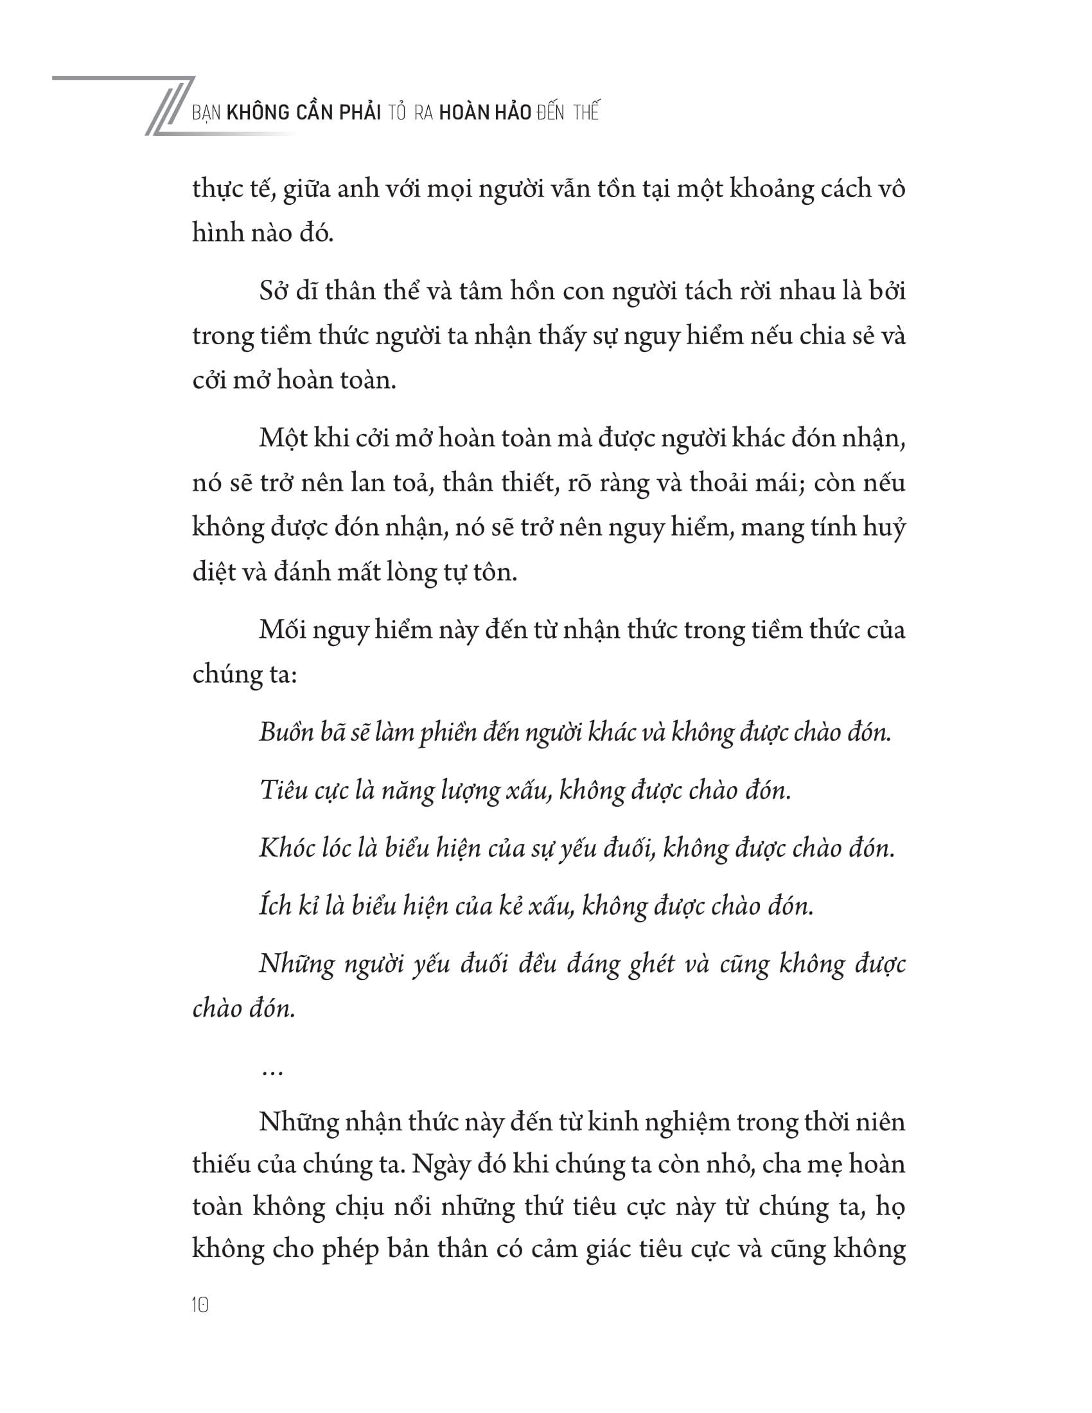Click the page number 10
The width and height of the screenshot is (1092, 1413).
click(x=200, y=1306)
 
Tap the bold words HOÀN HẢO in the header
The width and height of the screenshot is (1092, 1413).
click(x=484, y=112)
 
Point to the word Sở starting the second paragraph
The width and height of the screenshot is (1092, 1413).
click(x=275, y=292)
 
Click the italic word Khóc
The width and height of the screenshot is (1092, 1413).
click(x=285, y=848)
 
